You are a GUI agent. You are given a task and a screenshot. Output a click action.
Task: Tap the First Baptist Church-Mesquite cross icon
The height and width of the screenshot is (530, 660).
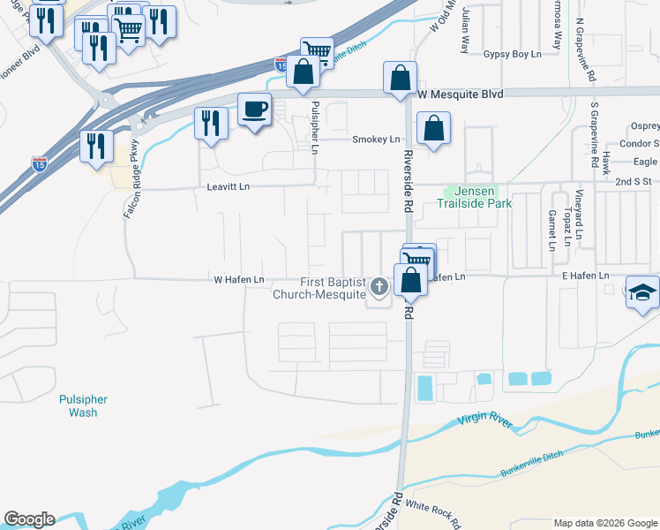379,285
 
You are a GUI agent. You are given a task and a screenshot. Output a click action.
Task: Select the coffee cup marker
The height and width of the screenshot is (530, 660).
255,110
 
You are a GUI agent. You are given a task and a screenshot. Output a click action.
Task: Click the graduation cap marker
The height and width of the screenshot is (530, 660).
642,292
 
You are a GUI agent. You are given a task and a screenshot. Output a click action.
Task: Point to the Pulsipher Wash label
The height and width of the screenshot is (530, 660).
83,405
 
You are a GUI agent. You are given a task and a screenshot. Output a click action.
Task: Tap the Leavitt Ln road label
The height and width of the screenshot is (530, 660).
229,186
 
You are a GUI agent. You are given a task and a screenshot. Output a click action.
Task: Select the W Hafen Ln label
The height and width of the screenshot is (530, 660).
239,280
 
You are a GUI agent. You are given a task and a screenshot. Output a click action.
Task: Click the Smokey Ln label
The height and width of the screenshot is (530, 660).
376,140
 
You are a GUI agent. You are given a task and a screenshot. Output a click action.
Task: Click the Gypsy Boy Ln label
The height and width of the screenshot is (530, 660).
512,54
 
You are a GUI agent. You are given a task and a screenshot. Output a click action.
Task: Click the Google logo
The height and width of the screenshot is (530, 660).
29,519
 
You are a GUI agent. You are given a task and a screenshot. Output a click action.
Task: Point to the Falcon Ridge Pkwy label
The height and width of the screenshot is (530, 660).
130,180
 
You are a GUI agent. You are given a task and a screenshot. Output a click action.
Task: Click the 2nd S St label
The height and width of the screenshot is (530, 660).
633,181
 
